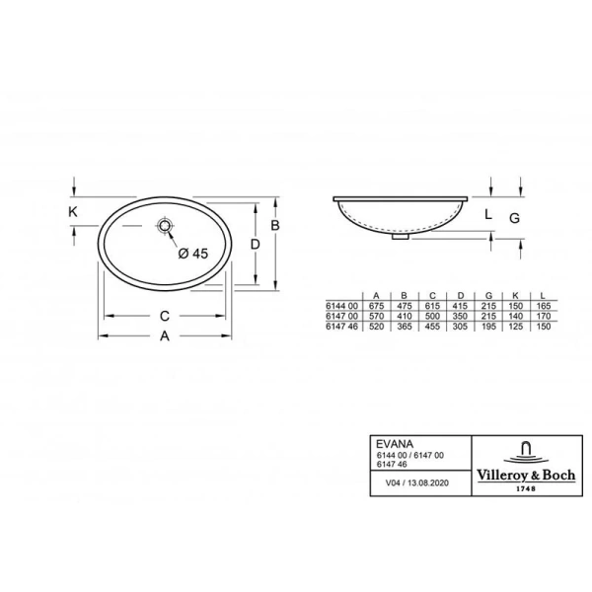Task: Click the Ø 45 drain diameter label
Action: [x=192, y=254]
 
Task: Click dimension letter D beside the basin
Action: [x=255, y=244]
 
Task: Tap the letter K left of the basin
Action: [x=73, y=211]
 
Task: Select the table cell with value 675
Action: [x=375, y=307]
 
